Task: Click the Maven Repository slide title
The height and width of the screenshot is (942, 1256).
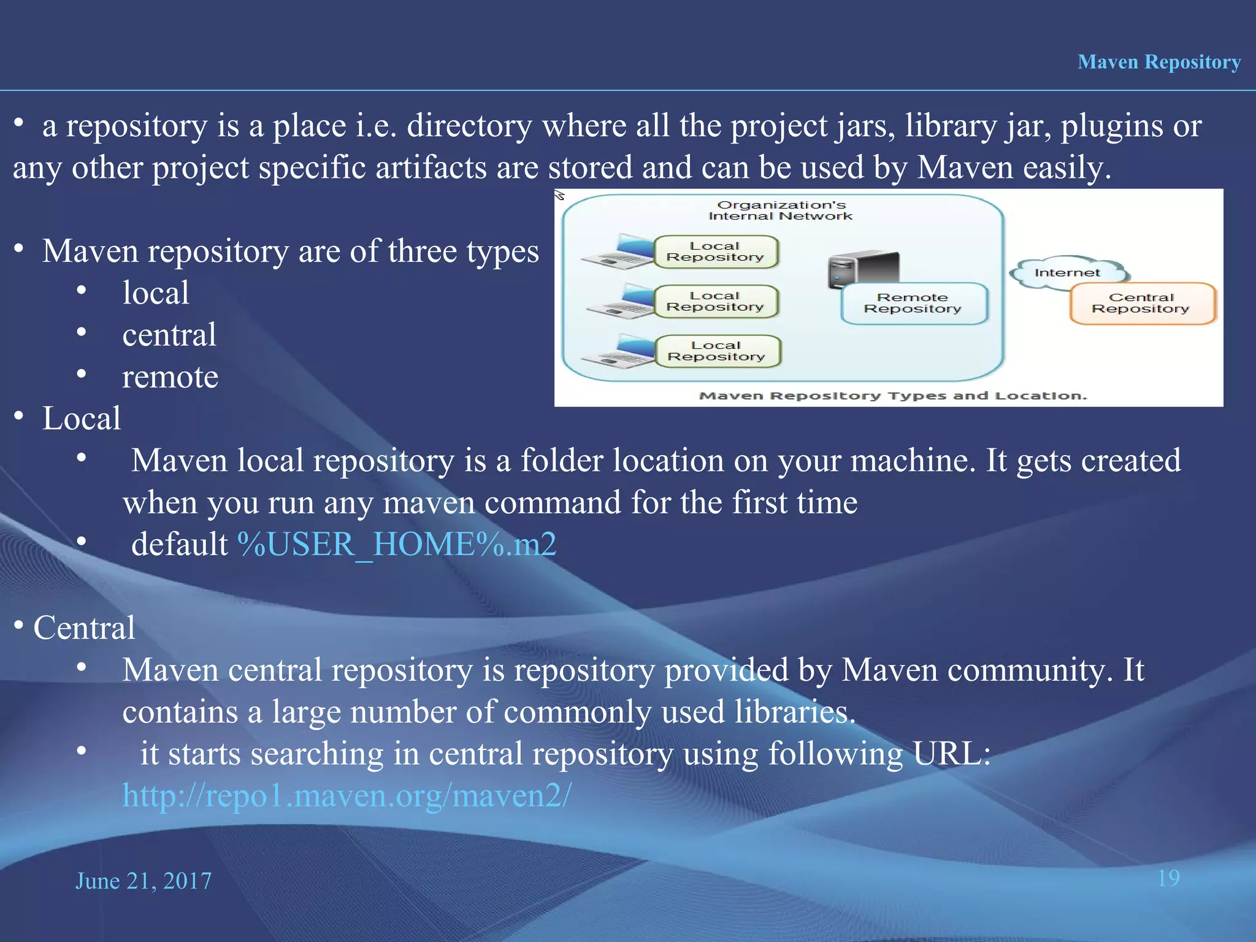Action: [1158, 62]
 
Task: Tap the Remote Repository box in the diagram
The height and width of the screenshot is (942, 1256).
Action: [913, 304]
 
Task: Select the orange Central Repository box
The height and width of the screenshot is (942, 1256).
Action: [1141, 303]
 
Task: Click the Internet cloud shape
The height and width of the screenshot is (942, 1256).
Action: [1068, 272]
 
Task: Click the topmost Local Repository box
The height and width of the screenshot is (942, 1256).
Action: [715, 252]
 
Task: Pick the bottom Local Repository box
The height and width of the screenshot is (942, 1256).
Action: [717, 351]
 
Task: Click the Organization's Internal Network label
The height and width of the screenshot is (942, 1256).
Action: [781, 210]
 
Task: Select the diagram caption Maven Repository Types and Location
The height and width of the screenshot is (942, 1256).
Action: [892, 396]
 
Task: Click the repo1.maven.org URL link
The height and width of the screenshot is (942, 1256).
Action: [347, 795]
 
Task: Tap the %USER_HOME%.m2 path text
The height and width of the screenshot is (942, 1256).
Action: [397, 544]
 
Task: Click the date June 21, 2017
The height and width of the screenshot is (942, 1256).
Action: [144, 881]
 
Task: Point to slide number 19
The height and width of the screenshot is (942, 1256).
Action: [1168, 878]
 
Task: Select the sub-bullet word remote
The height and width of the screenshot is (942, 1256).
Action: [170, 377]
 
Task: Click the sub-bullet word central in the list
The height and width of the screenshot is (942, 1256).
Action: [169, 335]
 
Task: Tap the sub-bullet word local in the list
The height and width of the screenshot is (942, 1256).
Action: [156, 293]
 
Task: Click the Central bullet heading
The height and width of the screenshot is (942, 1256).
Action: [84, 628]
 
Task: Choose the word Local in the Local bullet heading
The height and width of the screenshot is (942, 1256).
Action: [82, 419]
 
